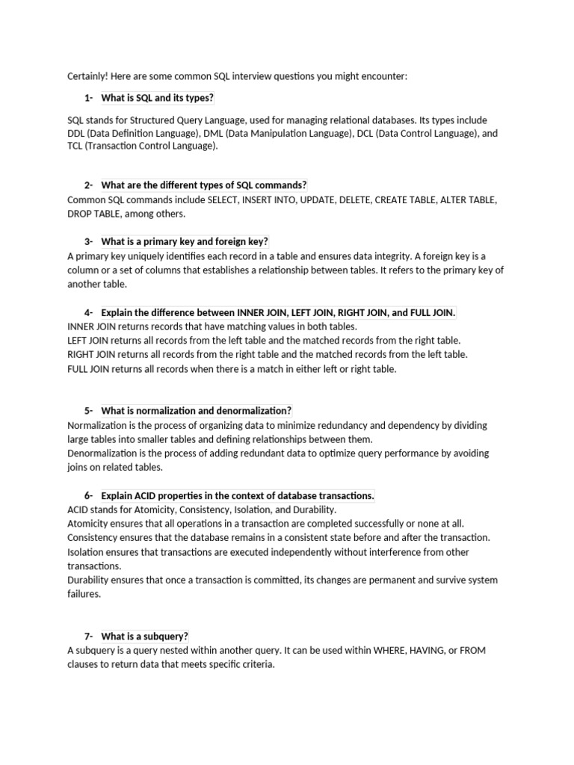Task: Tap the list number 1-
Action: [89, 99]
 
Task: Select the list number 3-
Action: [89, 241]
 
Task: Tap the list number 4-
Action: [89, 312]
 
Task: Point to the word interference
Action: [395, 552]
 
